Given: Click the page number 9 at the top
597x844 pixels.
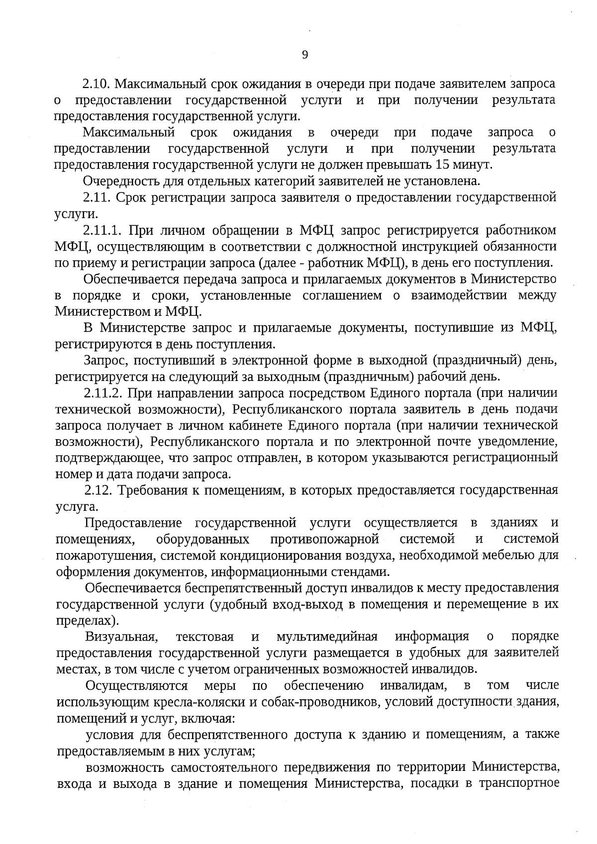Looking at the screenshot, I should point(305,55).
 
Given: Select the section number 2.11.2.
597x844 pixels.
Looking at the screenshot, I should point(103,393).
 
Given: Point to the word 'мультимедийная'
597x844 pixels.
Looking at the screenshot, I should point(327,637).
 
